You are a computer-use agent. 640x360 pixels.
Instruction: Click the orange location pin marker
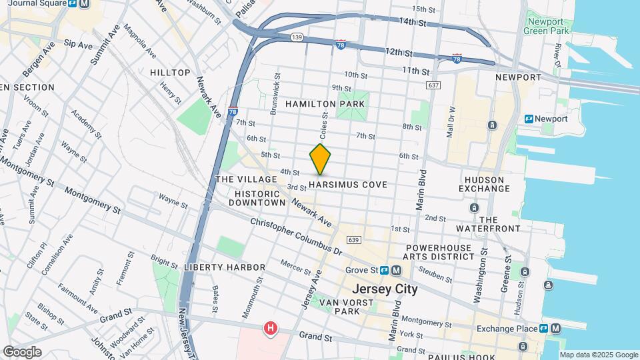pyautogui.click(x=320, y=159)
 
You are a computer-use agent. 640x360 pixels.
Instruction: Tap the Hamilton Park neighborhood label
pyautogui.click(x=325, y=104)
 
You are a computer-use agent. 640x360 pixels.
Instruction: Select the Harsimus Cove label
pyautogui.click(x=348, y=184)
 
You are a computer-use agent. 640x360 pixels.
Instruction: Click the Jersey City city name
pyautogui.click(x=385, y=289)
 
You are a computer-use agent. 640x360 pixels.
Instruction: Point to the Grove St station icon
pyautogui.click(x=396, y=271)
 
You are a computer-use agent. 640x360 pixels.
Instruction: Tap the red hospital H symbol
pyautogui.click(x=270, y=328)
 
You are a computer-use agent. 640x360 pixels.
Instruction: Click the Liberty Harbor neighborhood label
pyautogui.click(x=215, y=267)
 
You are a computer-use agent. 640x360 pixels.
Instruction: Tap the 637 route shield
pyautogui.click(x=434, y=85)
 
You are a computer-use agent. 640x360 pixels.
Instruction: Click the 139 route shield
pyautogui.click(x=297, y=37)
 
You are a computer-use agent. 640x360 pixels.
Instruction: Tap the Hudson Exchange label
pyautogui.click(x=484, y=183)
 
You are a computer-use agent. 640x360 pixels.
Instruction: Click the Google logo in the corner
pyautogui.click(x=22, y=351)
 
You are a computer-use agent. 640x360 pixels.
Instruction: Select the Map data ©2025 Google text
pyautogui.click(x=598, y=355)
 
